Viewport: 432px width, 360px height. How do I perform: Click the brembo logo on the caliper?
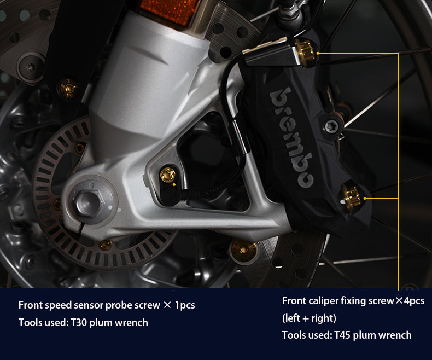291,137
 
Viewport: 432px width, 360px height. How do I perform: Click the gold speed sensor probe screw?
167,175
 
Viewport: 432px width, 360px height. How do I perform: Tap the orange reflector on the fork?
171,10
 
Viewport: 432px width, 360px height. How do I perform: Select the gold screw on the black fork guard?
68,88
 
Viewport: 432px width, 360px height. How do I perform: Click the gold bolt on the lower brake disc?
244,249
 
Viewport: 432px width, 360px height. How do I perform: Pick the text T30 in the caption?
79,322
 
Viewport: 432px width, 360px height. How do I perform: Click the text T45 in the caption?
342,335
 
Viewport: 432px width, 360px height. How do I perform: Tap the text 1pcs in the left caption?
185,305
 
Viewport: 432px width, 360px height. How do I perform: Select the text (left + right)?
309,318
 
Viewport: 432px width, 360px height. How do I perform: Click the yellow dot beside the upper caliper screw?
318,53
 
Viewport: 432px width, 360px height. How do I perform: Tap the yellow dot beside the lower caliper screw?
365,198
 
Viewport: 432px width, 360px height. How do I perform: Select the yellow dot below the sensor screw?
174,184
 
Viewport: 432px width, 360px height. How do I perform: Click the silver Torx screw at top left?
30,66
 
